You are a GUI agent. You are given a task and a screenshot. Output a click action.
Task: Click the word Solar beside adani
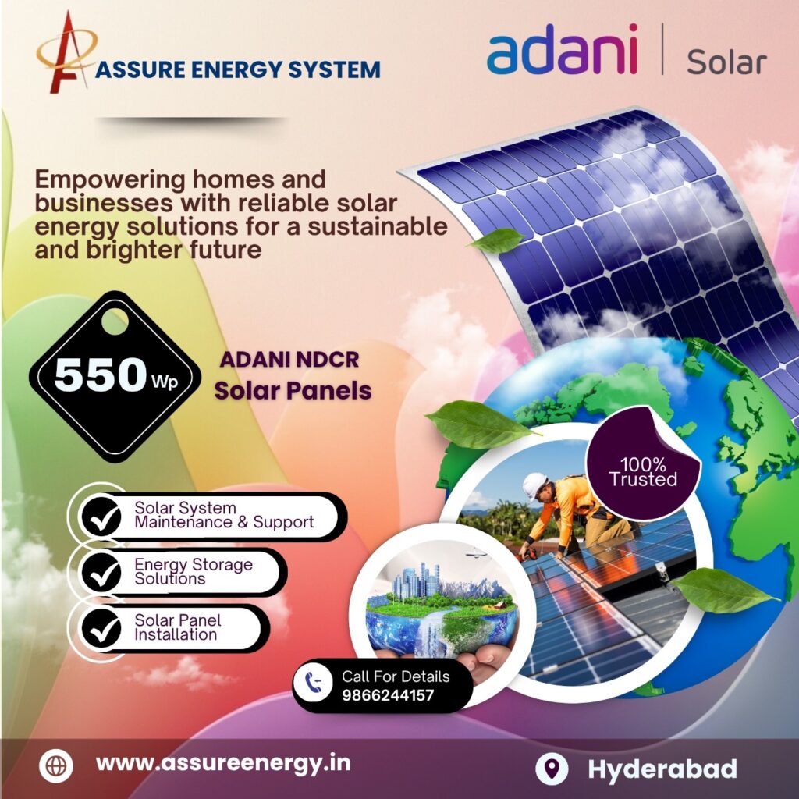(726, 61)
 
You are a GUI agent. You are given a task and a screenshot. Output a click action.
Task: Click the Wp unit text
(163, 383)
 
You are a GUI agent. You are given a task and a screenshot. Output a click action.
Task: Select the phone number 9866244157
(388, 695)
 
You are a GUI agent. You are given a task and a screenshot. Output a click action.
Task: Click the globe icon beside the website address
(56, 765)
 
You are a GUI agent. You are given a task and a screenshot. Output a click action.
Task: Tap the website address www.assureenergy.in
(223, 763)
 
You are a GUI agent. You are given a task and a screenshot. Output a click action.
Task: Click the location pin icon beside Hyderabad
(552, 769)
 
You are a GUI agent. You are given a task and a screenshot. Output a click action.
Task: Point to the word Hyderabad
(662, 769)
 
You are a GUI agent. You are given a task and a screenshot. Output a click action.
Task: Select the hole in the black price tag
(115, 321)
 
